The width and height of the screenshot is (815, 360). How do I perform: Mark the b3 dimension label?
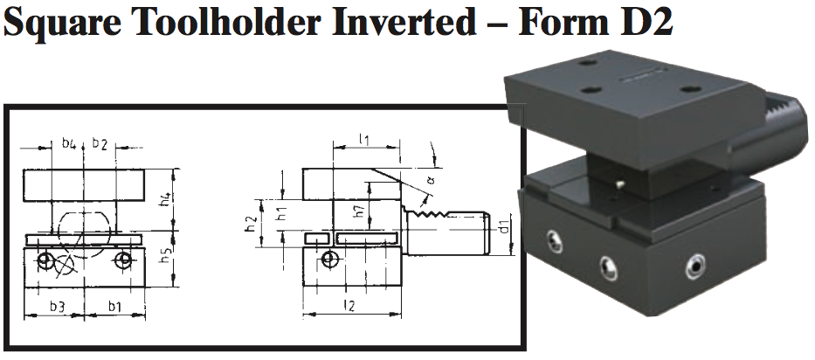coord(56,305)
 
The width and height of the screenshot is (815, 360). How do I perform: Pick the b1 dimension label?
coord(114,305)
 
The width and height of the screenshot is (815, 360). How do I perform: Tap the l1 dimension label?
coord(364,139)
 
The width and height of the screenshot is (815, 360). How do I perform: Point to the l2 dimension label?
coord(349,305)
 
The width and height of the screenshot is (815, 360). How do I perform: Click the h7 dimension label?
coord(359,211)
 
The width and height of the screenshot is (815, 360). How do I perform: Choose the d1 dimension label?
coord(502,230)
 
